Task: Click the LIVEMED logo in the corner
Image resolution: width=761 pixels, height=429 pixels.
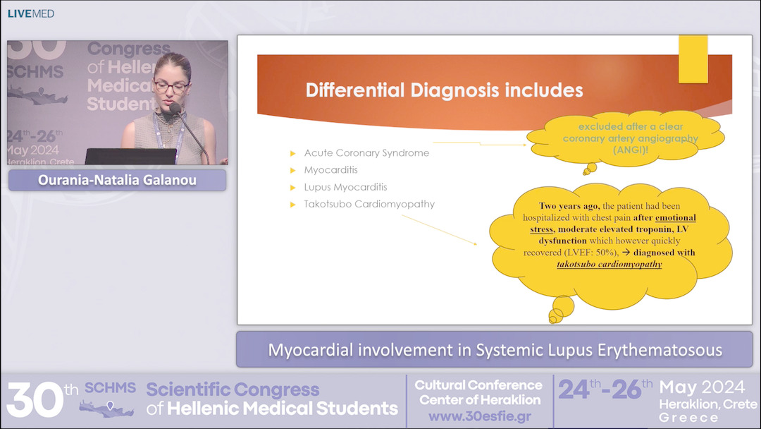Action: pos(30,13)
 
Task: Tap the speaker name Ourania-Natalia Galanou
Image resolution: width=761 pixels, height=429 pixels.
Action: pos(117,181)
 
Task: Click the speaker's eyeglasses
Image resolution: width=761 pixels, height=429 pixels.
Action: pos(171,87)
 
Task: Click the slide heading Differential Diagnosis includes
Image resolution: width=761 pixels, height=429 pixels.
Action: pos(444,90)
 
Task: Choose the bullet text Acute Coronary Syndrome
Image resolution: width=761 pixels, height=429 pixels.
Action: pos(366,153)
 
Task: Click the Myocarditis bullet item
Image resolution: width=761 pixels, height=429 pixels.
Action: pos(330,170)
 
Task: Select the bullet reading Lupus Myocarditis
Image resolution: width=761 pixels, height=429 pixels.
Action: pos(345,187)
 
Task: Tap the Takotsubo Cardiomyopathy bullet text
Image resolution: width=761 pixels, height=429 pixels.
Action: pos(369,204)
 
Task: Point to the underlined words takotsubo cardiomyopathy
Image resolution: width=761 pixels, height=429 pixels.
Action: pos(610,265)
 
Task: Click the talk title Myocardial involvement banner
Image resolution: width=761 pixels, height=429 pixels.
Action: pos(495,350)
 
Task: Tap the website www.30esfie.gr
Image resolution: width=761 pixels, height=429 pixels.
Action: pos(479,416)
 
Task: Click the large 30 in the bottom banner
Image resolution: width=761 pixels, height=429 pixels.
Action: pos(35,399)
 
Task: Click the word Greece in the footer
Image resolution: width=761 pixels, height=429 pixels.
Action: pos(689,418)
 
